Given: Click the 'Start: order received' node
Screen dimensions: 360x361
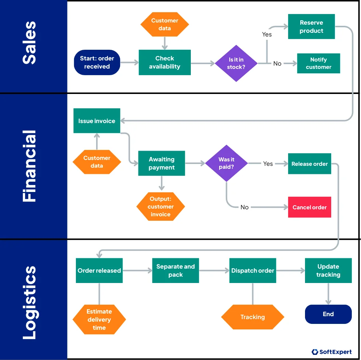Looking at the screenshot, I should pyautogui.click(x=97, y=62).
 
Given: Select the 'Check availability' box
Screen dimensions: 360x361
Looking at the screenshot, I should pyautogui.click(x=165, y=62).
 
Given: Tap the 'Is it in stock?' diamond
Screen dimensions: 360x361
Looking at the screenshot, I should pyautogui.click(x=236, y=63).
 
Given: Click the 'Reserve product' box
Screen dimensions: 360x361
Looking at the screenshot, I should pyautogui.click(x=311, y=27).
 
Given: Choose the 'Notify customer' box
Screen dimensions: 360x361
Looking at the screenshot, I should pyautogui.click(x=318, y=63).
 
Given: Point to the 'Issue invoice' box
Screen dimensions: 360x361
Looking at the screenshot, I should pyautogui.click(x=97, y=121).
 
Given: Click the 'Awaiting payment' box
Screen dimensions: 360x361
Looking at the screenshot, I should pyautogui.click(x=161, y=163).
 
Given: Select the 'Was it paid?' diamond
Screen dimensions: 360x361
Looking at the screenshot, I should pyautogui.click(x=226, y=163).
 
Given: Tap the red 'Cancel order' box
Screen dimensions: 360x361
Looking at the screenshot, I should pyautogui.click(x=309, y=207).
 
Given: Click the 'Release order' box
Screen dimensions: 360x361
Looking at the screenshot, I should pyautogui.click(x=309, y=164).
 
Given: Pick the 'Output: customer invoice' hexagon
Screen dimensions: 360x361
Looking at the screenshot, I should pyautogui.click(x=161, y=206).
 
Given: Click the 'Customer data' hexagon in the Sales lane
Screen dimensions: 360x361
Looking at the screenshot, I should pyautogui.click(x=165, y=24).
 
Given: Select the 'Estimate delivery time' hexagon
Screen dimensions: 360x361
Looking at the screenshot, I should pyautogui.click(x=99, y=319).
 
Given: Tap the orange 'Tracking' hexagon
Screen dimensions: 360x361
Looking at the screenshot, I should pyautogui.click(x=253, y=317).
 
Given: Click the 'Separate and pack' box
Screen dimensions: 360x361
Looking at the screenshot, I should pyautogui.click(x=175, y=270).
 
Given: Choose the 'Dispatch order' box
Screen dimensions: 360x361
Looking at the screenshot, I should pyautogui.click(x=253, y=270).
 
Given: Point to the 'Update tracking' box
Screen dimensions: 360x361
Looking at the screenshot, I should pyautogui.click(x=328, y=270).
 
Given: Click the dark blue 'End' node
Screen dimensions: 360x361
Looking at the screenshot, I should pyautogui.click(x=328, y=314).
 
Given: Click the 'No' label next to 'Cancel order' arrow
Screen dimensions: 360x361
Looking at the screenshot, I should pyautogui.click(x=245, y=207).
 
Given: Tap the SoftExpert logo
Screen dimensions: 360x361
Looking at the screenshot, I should pyautogui.click(x=332, y=352).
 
